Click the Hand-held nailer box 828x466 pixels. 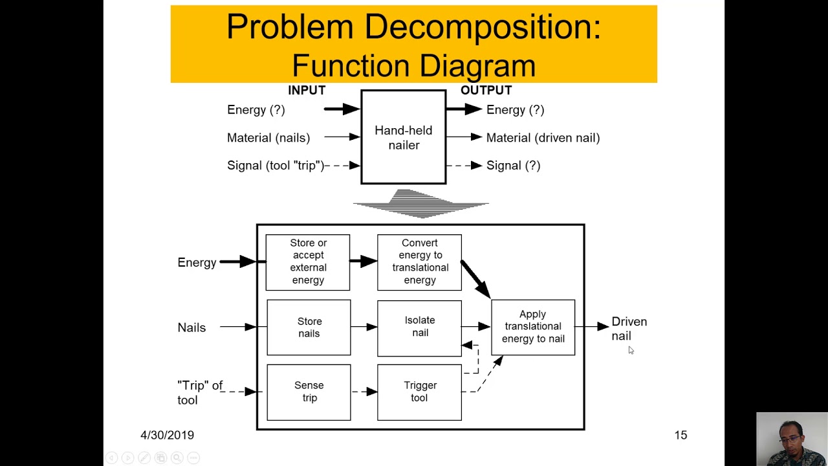pyautogui.click(x=403, y=137)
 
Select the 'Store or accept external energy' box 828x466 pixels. pyautogui.click(x=308, y=261)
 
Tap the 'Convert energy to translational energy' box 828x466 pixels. pyautogui.click(x=419, y=261)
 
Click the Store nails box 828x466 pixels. pyautogui.click(x=309, y=327)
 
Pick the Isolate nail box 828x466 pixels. pyautogui.click(x=419, y=327)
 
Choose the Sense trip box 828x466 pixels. pyautogui.click(x=309, y=392)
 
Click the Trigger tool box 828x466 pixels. pyautogui.click(x=419, y=392)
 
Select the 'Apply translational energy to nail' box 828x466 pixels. pyautogui.click(x=533, y=327)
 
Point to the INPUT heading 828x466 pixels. pyautogui.click(x=307, y=90)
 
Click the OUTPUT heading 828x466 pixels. pyautogui.click(x=486, y=90)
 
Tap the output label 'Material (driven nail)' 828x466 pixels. pyautogui.click(x=543, y=138)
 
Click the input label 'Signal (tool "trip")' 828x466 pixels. pyautogui.click(x=276, y=166)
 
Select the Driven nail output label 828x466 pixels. pyautogui.click(x=628, y=328)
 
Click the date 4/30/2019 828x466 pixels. pyautogui.click(x=167, y=435)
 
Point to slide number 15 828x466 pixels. pyautogui.click(x=681, y=435)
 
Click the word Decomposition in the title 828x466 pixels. pyautogui.click(x=482, y=27)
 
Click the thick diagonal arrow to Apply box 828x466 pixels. pyautogui.click(x=475, y=279)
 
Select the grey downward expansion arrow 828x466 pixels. pyautogui.click(x=420, y=203)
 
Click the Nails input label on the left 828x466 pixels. pyautogui.click(x=191, y=327)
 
